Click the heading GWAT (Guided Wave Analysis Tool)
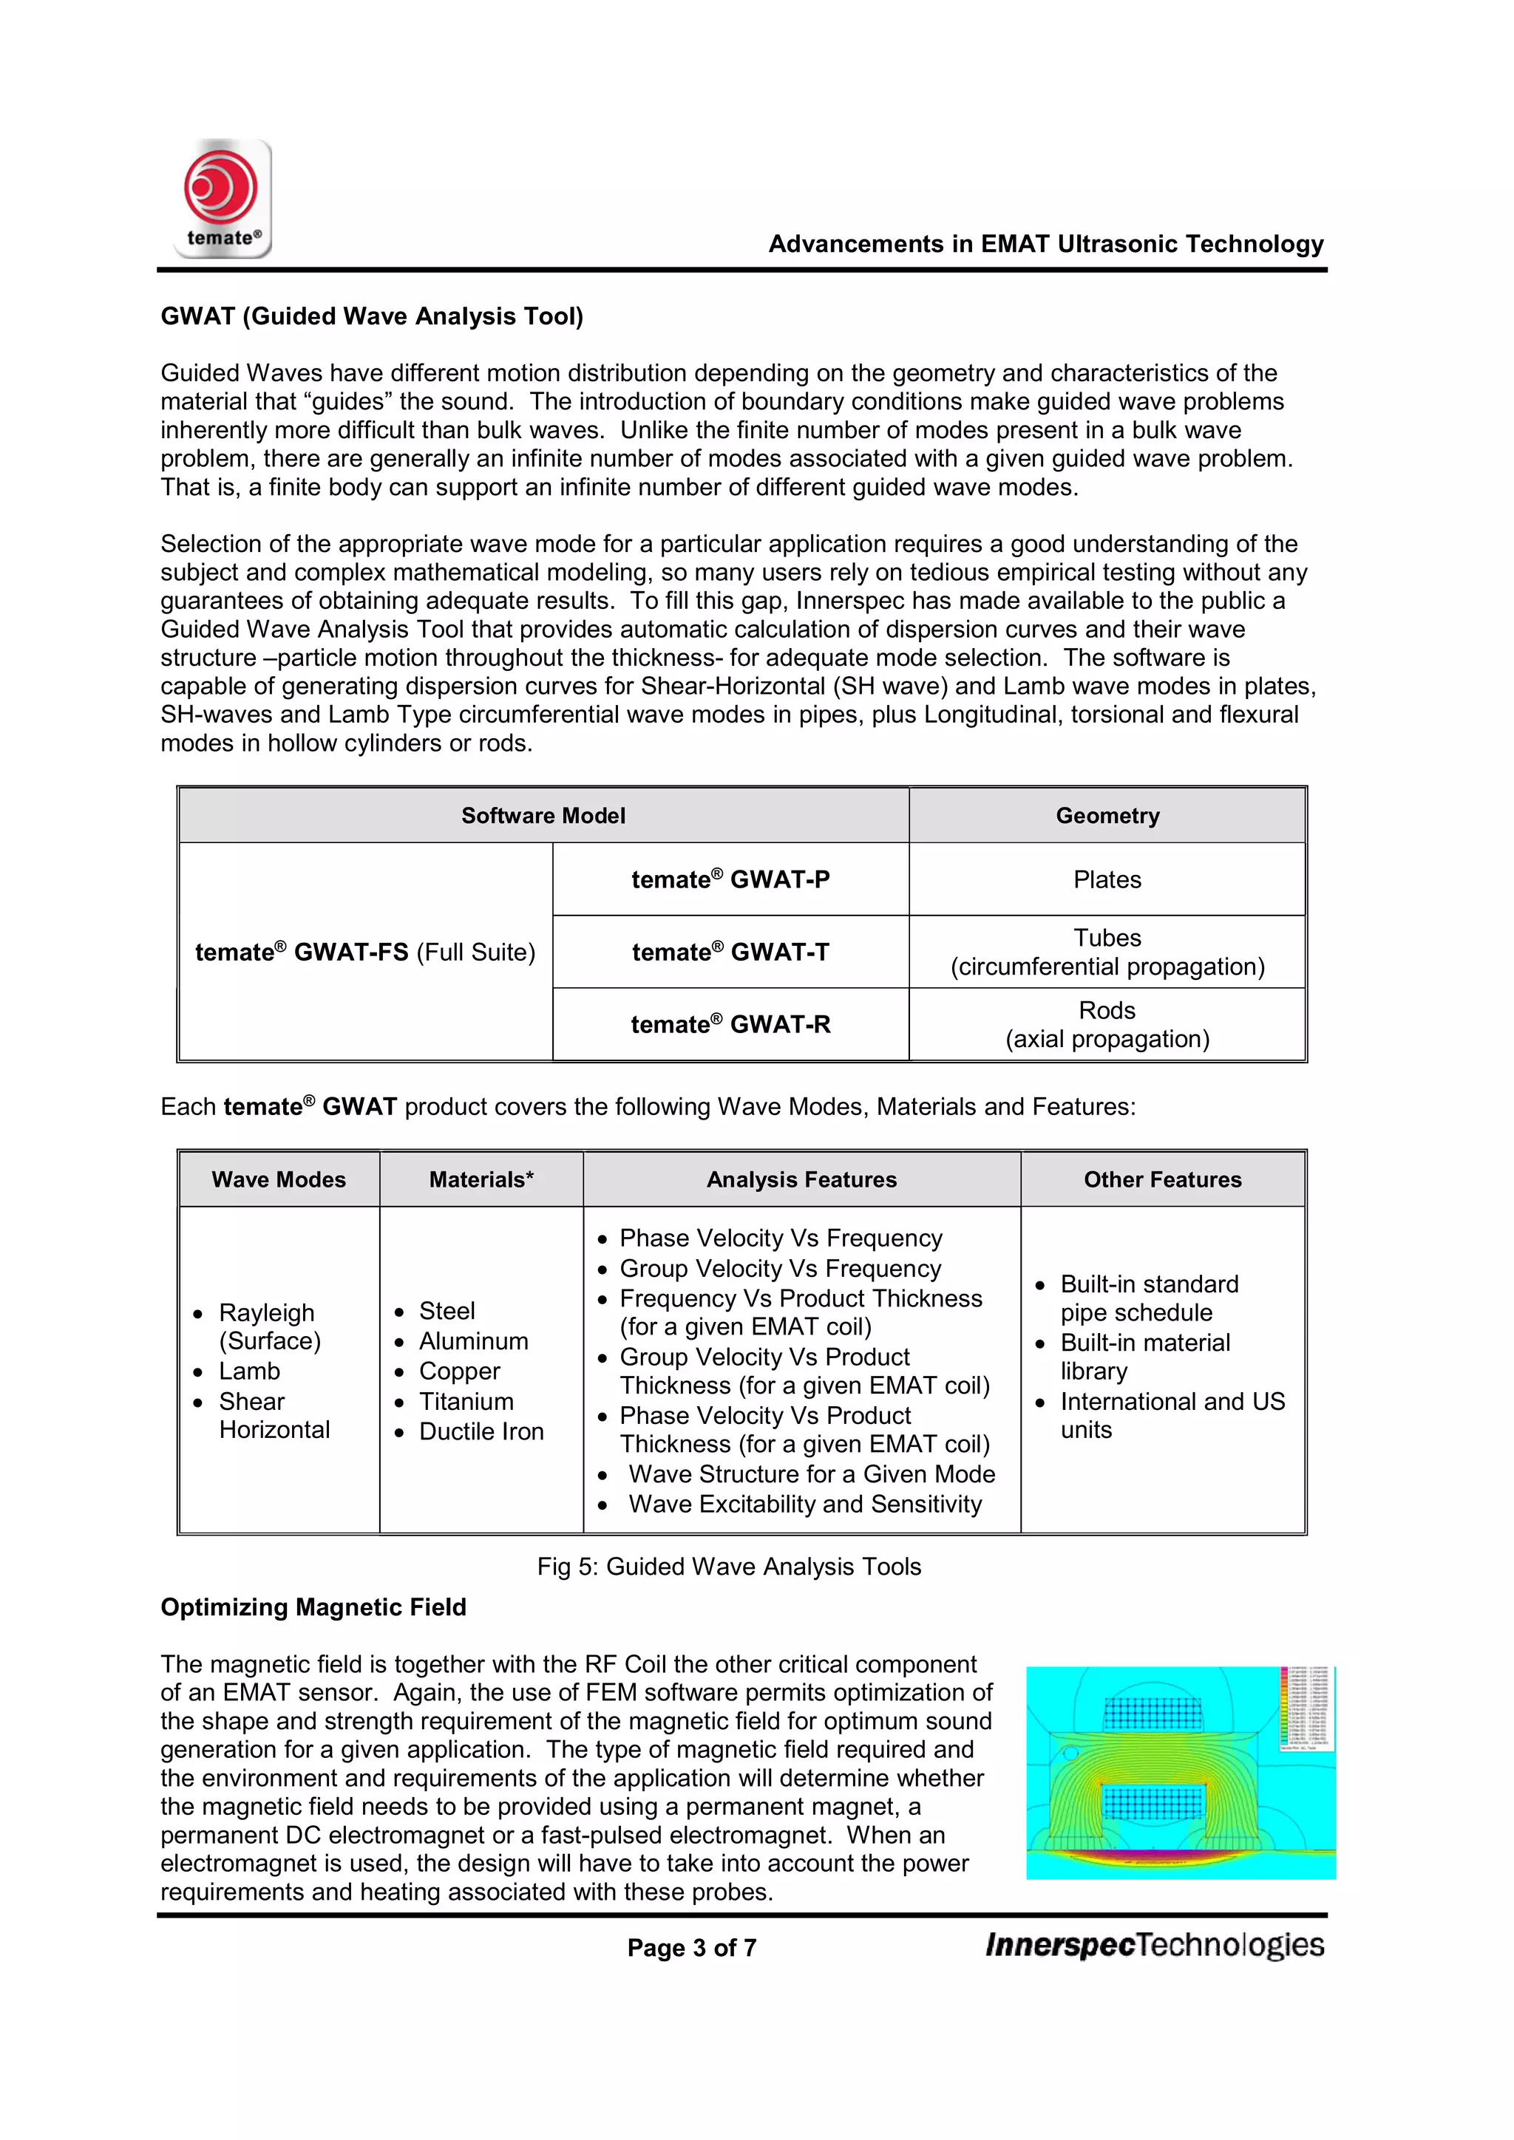(x=371, y=316)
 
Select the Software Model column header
(x=543, y=816)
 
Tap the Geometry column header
(x=1107, y=816)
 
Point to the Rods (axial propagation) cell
(x=1107, y=1024)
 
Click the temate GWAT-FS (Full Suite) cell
(x=364, y=952)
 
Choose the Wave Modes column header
(x=278, y=1179)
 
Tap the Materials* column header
(x=481, y=1179)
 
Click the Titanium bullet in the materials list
(x=466, y=1401)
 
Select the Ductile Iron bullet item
(x=481, y=1431)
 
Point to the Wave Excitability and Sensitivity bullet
(x=804, y=1504)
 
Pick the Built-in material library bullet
(x=1145, y=1356)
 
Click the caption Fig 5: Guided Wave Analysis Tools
(x=728, y=1566)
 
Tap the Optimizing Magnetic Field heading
(x=313, y=1607)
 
